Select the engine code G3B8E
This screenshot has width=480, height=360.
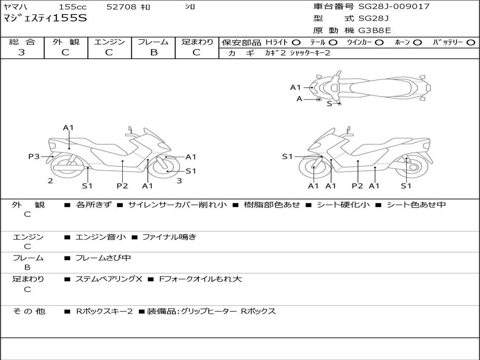coord(375,31)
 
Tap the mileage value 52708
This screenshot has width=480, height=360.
coord(121,7)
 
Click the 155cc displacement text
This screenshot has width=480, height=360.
coord(73,7)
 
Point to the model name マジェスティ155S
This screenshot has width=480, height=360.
coord(45,19)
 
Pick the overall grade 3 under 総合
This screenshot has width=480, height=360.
coord(22,52)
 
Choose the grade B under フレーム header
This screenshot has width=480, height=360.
coord(153,52)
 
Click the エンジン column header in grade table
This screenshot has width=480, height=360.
coord(109,42)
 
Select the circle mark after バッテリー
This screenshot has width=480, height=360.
coord(471,43)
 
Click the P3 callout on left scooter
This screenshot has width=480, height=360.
coord(34,157)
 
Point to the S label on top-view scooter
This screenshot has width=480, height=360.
coord(329,104)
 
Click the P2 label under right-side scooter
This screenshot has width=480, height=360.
coord(357,186)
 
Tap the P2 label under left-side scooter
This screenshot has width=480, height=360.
coord(122,186)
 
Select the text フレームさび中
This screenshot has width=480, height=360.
coord(103,258)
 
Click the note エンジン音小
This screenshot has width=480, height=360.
coord(101,237)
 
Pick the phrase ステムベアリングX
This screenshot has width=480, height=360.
coord(109,279)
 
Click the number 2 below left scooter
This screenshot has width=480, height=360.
coord(50,180)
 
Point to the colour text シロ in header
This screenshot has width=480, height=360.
coord(190,7)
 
